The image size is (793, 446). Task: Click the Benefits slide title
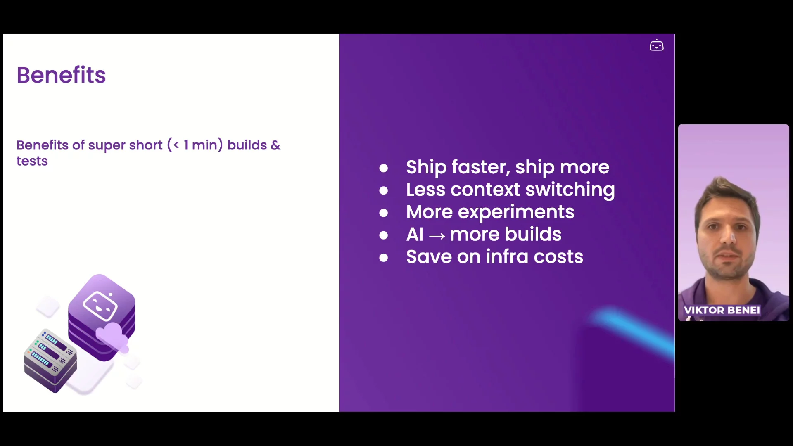[x=61, y=75]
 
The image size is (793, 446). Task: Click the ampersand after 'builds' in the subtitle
[x=275, y=145]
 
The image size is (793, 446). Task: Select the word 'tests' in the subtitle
[x=32, y=161]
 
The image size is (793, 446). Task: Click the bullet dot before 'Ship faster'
[x=383, y=168]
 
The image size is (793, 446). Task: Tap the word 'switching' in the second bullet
[x=570, y=190]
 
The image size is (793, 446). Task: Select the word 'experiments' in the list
[x=516, y=212]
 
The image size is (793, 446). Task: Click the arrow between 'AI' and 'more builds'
[x=437, y=236]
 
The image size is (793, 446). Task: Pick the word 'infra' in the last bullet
[x=507, y=256]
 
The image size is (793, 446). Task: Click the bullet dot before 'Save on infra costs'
[x=383, y=258]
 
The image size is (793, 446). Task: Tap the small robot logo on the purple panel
[x=656, y=45]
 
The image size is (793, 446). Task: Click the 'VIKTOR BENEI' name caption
[x=722, y=310]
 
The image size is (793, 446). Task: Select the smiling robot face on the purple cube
[x=100, y=306]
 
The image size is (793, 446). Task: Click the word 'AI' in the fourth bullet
[x=415, y=235]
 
